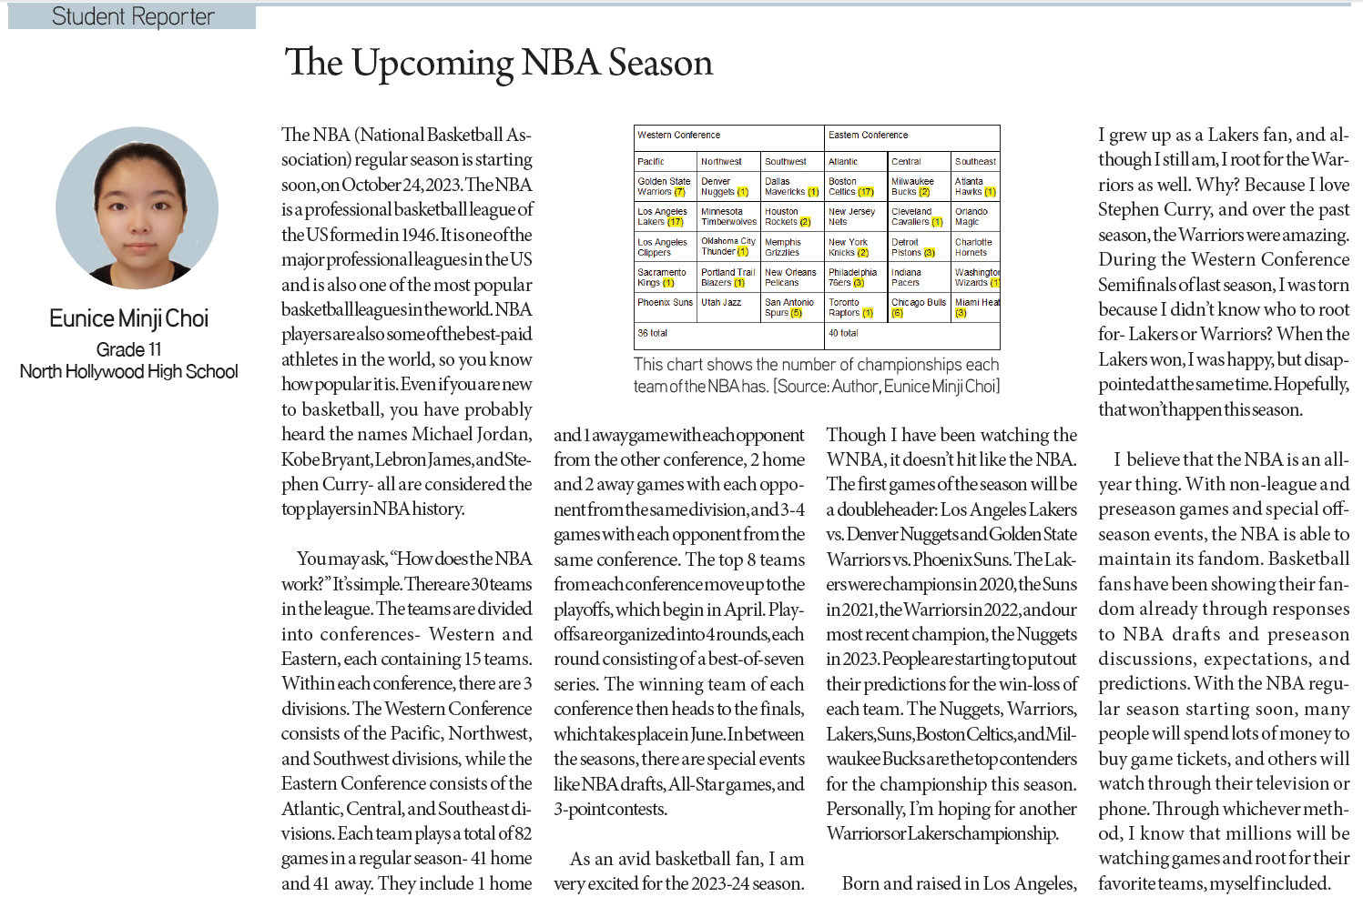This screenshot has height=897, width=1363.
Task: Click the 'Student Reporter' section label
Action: pyautogui.click(x=133, y=16)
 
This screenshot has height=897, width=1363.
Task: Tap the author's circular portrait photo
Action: pyautogui.click(x=137, y=207)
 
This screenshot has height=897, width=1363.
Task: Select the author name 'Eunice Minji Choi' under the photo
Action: pyautogui.click(x=128, y=318)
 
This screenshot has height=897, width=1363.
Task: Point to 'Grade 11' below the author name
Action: pyautogui.click(x=128, y=349)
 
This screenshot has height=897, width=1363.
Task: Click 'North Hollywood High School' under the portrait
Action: pyautogui.click(x=128, y=371)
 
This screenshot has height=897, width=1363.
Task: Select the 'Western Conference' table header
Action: pyautogui.click(x=678, y=135)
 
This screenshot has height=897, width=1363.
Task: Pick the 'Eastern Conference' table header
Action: pyautogui.click(x=868, y=135)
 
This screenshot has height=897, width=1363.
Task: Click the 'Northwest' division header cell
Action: pyautogui.click(x=721, y=161)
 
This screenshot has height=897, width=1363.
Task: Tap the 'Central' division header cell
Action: pyautogui.click(x=906, y=161)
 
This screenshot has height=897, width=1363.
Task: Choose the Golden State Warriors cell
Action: pyautogui.click(x=664, y=186)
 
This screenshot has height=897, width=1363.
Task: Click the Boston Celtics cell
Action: pyautogui.click(x=850, y=186)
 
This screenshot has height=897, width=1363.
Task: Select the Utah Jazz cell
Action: pyautogui.click(x=721, y=303)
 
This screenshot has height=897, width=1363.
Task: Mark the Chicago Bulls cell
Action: pyautogui.click(x=918, y=307)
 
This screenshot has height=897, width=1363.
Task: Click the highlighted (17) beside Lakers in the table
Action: pyautogui.click(x=675, y=222)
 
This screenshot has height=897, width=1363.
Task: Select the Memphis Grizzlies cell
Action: pyautogui.click(x=783, y=247)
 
